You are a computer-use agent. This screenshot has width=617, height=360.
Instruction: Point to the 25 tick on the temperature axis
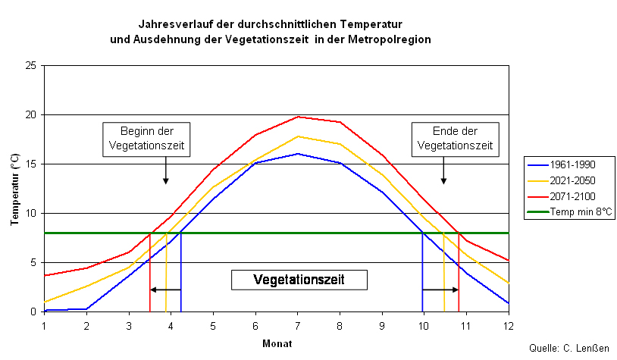[31, 66]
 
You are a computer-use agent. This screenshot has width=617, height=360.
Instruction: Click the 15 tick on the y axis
[31, 164]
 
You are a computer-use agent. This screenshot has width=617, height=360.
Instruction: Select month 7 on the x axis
[298, 324]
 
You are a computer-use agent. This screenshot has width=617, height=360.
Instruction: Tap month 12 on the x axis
[508, 324]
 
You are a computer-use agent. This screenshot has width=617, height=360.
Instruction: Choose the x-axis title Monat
[277, 343]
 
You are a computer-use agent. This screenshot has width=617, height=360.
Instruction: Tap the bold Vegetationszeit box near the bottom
[299, 280]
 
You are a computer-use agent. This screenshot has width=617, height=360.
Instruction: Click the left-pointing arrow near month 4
[165, 290]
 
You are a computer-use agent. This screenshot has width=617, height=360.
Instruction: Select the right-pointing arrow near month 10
[440, 290]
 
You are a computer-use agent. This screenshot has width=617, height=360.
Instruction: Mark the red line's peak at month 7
[298, 117]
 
